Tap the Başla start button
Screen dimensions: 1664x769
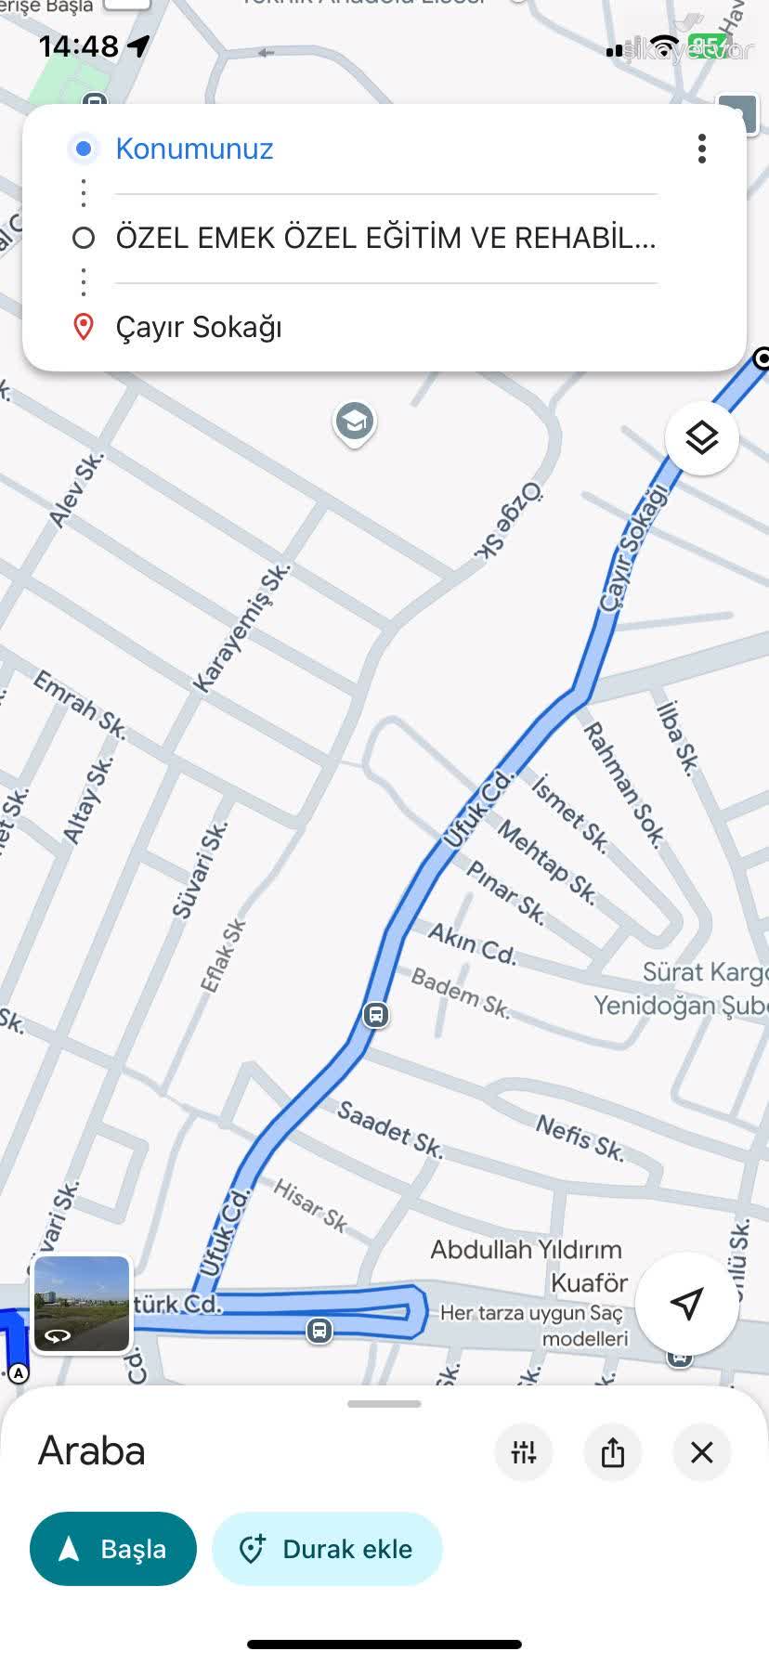(x=113, y=1549)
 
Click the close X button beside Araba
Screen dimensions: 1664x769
(x=702, y=1452)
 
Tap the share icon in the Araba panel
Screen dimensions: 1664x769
(x=613, y=1452)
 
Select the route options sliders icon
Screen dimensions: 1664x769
(x=524, y=1452)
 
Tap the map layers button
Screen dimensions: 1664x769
(x=702, y=437)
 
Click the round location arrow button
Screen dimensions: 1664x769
(x=686, y=1303)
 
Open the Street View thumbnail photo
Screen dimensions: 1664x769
(x=82, y=1304)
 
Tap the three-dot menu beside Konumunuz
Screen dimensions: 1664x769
(x=702, y=149)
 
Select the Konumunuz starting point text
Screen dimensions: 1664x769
(x=194, y=149)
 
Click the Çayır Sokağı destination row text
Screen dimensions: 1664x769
(x=199, y=327)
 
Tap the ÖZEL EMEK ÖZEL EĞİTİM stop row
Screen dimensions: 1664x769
(x=385, y=238)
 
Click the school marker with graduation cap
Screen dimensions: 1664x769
(x=354, y=422)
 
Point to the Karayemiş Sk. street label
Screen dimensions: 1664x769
(x=241, y=630)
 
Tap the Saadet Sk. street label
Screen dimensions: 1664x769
(x=390, y=1129)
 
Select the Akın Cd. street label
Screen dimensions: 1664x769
(x=472, y=943)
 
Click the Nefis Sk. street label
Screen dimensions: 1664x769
(x=580, y=1138)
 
